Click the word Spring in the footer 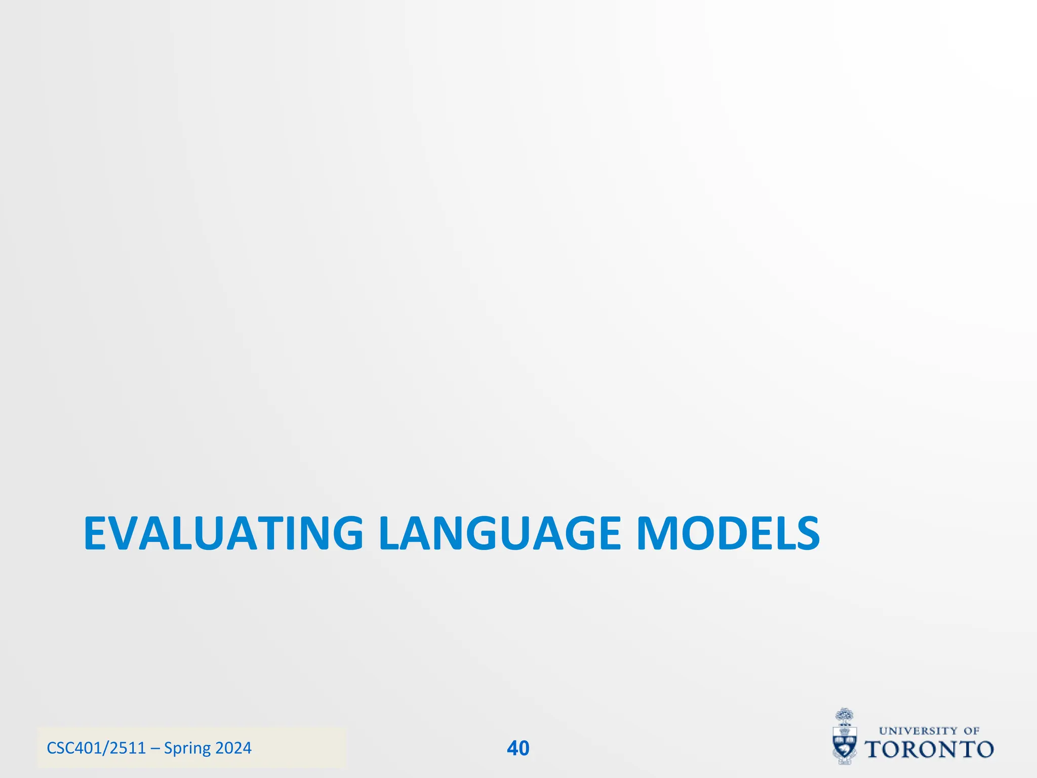pyautogui.click(x=187, y=749)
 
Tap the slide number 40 pyautogui.click(x=518, y=748)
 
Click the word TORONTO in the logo pyautogui.click(x=929, y=750)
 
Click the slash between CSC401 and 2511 pyautogui.click(x=105, y=748)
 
